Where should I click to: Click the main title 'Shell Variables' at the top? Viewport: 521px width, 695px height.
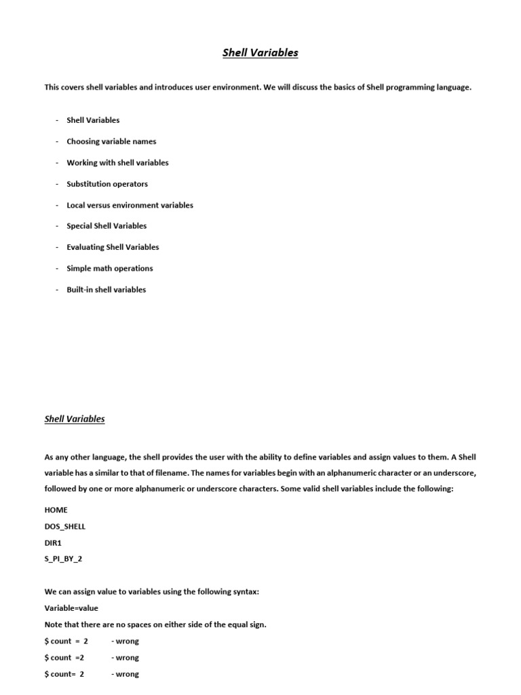[260, 53]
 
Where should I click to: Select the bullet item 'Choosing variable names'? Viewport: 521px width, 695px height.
[111, 141]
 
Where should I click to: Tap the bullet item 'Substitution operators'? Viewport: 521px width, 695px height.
[107, 184]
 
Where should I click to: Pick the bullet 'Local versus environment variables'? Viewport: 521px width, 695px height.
[130, 205]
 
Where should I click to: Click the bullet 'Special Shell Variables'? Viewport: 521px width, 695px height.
[107, 226]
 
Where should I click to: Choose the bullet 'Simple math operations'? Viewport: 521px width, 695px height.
[110, 268]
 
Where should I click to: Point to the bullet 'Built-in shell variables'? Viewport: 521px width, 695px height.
[106, 289]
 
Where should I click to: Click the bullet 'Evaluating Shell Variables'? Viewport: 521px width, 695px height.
[113, 247]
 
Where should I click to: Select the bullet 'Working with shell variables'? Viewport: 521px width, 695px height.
[117, 163]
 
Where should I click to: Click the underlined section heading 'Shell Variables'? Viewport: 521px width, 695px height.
[75, 419]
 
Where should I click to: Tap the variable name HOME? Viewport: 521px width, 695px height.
[56, 510]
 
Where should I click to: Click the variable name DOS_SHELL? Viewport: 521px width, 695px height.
[65, 526]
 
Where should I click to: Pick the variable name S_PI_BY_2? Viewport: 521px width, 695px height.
[64, 559]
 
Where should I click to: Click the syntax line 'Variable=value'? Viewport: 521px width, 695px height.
[71, 608]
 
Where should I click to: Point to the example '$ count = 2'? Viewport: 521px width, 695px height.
[66, 641]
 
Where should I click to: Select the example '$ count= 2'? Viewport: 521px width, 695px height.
[64, 674]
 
